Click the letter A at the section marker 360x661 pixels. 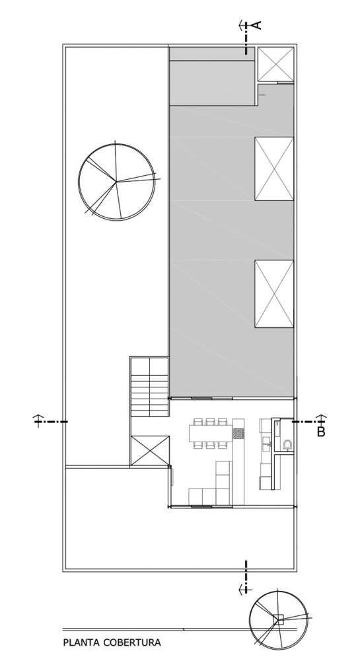click(257, 25)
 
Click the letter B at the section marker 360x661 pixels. click(321, 432)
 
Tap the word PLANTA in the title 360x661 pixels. click(81, 643)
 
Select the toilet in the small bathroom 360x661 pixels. click(288, 444)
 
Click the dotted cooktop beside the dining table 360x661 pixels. click(238, 434)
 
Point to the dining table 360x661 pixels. click(211, 433)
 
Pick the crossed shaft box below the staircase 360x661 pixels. click(149, 451)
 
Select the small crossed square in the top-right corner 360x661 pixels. click(275, 63)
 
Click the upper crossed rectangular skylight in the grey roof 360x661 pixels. click(274, 169)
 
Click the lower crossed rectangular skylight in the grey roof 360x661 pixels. click(274, 294)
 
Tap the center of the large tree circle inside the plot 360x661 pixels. click(116, 182)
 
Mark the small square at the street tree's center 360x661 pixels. click(278, 619)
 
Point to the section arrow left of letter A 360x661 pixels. click(242, 25)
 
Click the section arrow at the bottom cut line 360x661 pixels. click(243, 589)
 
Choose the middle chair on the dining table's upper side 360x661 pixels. click(211, 422)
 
